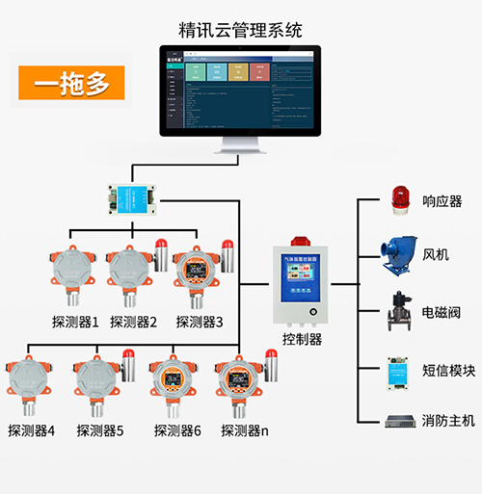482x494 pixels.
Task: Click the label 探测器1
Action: tap(75, 322)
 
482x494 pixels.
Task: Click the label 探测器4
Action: tap(31, 430)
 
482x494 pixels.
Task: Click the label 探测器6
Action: tap(176, 430)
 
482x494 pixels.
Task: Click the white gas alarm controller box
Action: tap(302, 280)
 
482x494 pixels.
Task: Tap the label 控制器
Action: tap(302, 339)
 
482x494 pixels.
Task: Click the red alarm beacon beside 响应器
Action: tap(399, 198)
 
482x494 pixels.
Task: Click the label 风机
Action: tap(436, 255)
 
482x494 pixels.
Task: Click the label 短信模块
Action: tap(448, 370)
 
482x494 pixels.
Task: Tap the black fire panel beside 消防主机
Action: tap(399, 421)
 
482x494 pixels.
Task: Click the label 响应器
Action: tap(442, 201)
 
